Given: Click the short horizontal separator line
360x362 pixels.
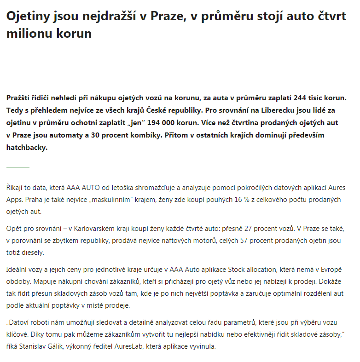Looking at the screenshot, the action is [17, 167].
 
